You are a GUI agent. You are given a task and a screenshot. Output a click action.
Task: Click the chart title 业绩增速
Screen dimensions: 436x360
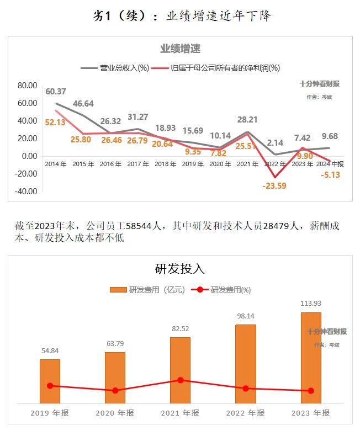(x=180, y=49)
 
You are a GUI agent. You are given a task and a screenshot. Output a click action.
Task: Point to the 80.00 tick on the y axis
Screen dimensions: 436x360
(x=27, y=86)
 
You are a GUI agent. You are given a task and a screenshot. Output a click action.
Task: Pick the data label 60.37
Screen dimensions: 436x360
(x=56, y=92)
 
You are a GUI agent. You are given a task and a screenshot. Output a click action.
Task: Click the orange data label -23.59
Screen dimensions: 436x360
(x=274, y=186)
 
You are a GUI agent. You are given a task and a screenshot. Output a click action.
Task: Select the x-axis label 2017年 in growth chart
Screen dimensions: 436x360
(x=137, y=164)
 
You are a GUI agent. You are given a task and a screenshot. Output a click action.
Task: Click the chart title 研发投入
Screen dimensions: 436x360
(x=180, y=269)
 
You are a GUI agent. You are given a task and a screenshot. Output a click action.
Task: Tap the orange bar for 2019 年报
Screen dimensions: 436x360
(x=50, y=381)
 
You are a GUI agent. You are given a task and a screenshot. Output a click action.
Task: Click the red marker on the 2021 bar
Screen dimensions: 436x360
(x=181, y=380)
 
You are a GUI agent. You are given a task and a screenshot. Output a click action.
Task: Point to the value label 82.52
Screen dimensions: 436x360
(x=180, y=329)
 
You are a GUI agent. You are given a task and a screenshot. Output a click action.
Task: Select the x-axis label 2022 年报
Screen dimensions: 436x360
(x=246, y=413)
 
